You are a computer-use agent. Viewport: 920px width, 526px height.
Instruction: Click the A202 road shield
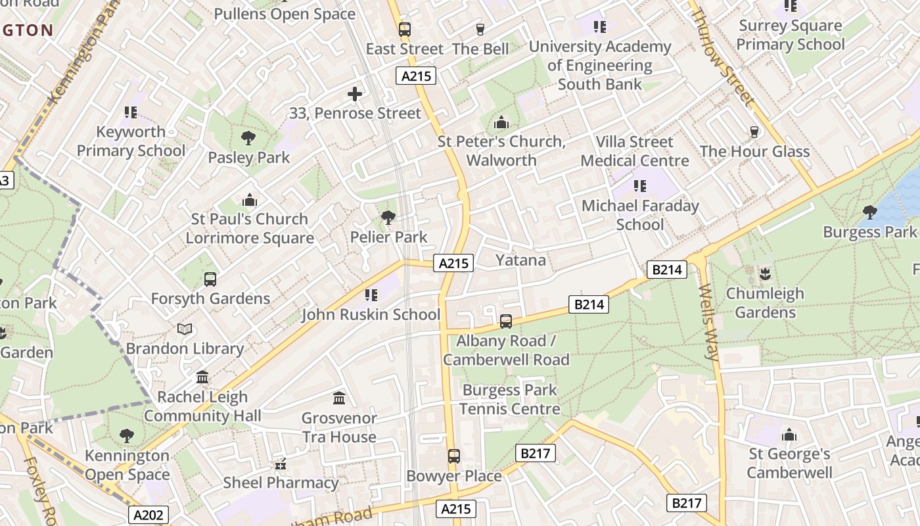(x=148, y=515)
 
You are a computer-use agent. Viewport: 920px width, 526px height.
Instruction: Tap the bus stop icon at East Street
(x=404, y=30)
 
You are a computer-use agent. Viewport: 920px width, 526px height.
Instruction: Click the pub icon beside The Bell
(x=480, y=30)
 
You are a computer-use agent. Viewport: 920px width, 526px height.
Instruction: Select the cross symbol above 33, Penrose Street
(x=355, y=94)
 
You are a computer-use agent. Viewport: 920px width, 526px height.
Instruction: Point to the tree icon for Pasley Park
(x=248, y=138)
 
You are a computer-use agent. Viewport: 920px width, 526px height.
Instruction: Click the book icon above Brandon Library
(x=185, y=329)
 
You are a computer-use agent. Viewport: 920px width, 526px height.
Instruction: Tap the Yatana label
(x=520, y=260)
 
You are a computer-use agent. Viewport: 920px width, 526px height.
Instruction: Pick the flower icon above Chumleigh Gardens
(x=764, y=273)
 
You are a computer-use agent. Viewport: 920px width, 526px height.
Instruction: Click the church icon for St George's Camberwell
(x=789, y=435)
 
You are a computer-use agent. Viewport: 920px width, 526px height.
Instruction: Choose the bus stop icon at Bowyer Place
(x=453, y=456)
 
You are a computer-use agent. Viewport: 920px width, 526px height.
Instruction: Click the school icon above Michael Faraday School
(x=640, y=187)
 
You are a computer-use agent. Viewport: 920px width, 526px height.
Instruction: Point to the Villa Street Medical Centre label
(x=635, y=151)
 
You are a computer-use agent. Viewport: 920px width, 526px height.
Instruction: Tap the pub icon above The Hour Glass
(x=754, y=132)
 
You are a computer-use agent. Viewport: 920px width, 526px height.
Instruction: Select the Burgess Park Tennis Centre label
(x=509, y=399)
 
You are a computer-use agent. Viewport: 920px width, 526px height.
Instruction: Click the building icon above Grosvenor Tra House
(x=339, y=398)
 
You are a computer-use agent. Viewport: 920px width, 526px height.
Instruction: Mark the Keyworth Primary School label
(x=131, y=141)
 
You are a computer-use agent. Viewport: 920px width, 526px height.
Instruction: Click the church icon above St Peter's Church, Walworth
(x=501, y=123)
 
